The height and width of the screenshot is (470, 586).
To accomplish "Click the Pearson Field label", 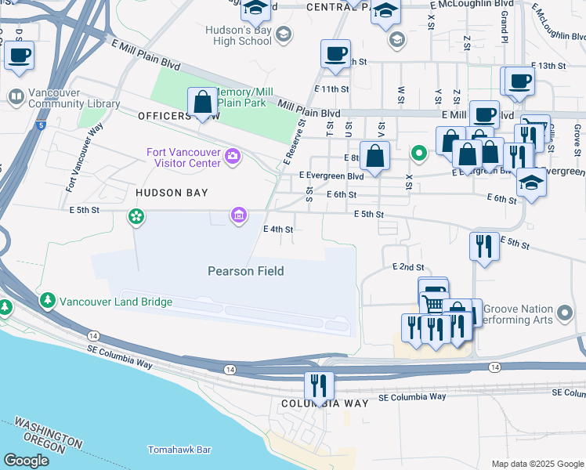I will (245, 271).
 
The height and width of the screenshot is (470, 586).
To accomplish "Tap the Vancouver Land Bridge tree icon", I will (49, 301).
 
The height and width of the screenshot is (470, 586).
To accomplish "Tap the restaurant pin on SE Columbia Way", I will (319, 385).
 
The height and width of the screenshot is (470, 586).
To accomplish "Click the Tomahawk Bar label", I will (180, 450).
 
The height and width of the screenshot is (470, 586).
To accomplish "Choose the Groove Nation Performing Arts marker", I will (564, 316).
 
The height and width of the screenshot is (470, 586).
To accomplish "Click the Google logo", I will (26, 461).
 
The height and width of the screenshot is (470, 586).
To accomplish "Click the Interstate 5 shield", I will (42, 125).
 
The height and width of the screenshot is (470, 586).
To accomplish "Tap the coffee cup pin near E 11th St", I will (336, 55).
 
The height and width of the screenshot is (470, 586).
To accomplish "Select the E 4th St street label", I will (277, 230).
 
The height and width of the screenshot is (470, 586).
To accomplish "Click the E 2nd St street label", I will (407, 267).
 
